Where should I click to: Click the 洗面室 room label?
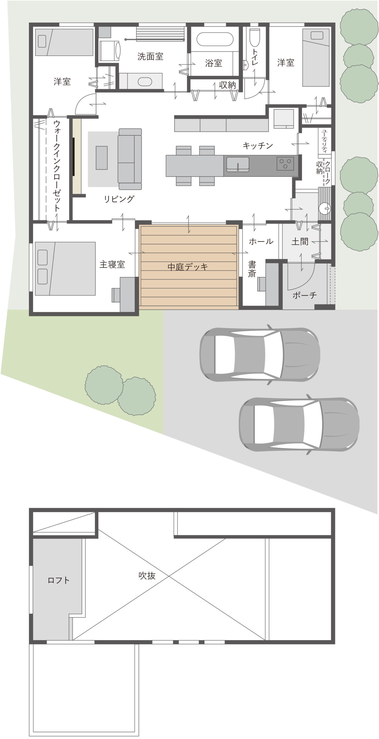150,56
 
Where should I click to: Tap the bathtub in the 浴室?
215,39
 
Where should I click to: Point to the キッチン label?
258,145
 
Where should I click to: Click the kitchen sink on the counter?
238,164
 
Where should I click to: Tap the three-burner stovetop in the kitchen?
285,164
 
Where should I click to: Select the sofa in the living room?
130,159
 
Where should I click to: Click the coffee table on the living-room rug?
102,158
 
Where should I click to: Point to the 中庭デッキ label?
188,267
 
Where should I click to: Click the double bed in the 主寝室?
65,268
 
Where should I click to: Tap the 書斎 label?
252,269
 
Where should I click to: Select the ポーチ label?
305,295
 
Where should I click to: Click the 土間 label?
300,241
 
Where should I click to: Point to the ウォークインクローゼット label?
57,166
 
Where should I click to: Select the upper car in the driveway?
260,355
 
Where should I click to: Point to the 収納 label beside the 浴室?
227,85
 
